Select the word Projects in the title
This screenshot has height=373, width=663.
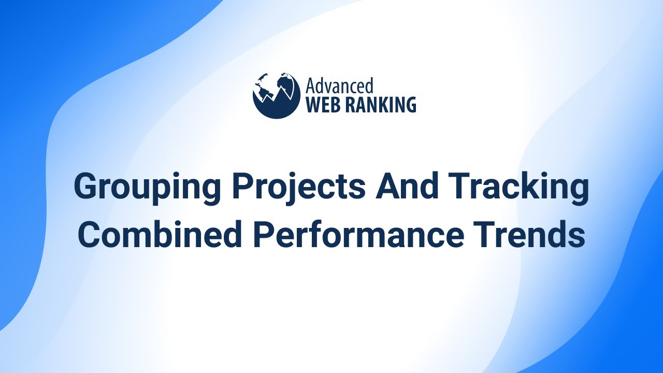click(x=299, y=188)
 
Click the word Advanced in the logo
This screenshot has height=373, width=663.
click(x=339, y=86)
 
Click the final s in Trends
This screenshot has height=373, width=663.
click(x=577, y=237)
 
